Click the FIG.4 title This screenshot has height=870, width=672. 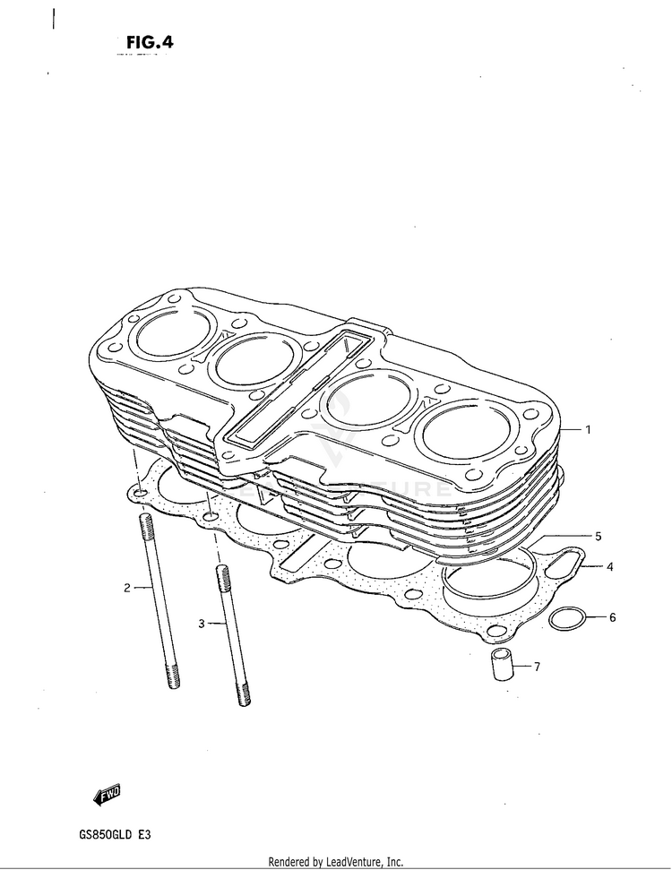[150, 43]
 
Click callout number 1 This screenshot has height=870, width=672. [588, 429]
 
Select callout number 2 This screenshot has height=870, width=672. [127, 588]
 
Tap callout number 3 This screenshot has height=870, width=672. [202, 624]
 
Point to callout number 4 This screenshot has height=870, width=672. [610, 567]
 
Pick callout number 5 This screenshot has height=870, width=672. [598, 537]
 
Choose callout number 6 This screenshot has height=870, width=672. [612, 617]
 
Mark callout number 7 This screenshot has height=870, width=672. [537, 667]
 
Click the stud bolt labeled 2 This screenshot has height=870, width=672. [159, 601]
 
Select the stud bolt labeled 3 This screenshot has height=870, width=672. [233, 635]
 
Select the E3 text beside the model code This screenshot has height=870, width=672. [144, 834]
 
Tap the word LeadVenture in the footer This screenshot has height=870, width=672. [353, 862]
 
